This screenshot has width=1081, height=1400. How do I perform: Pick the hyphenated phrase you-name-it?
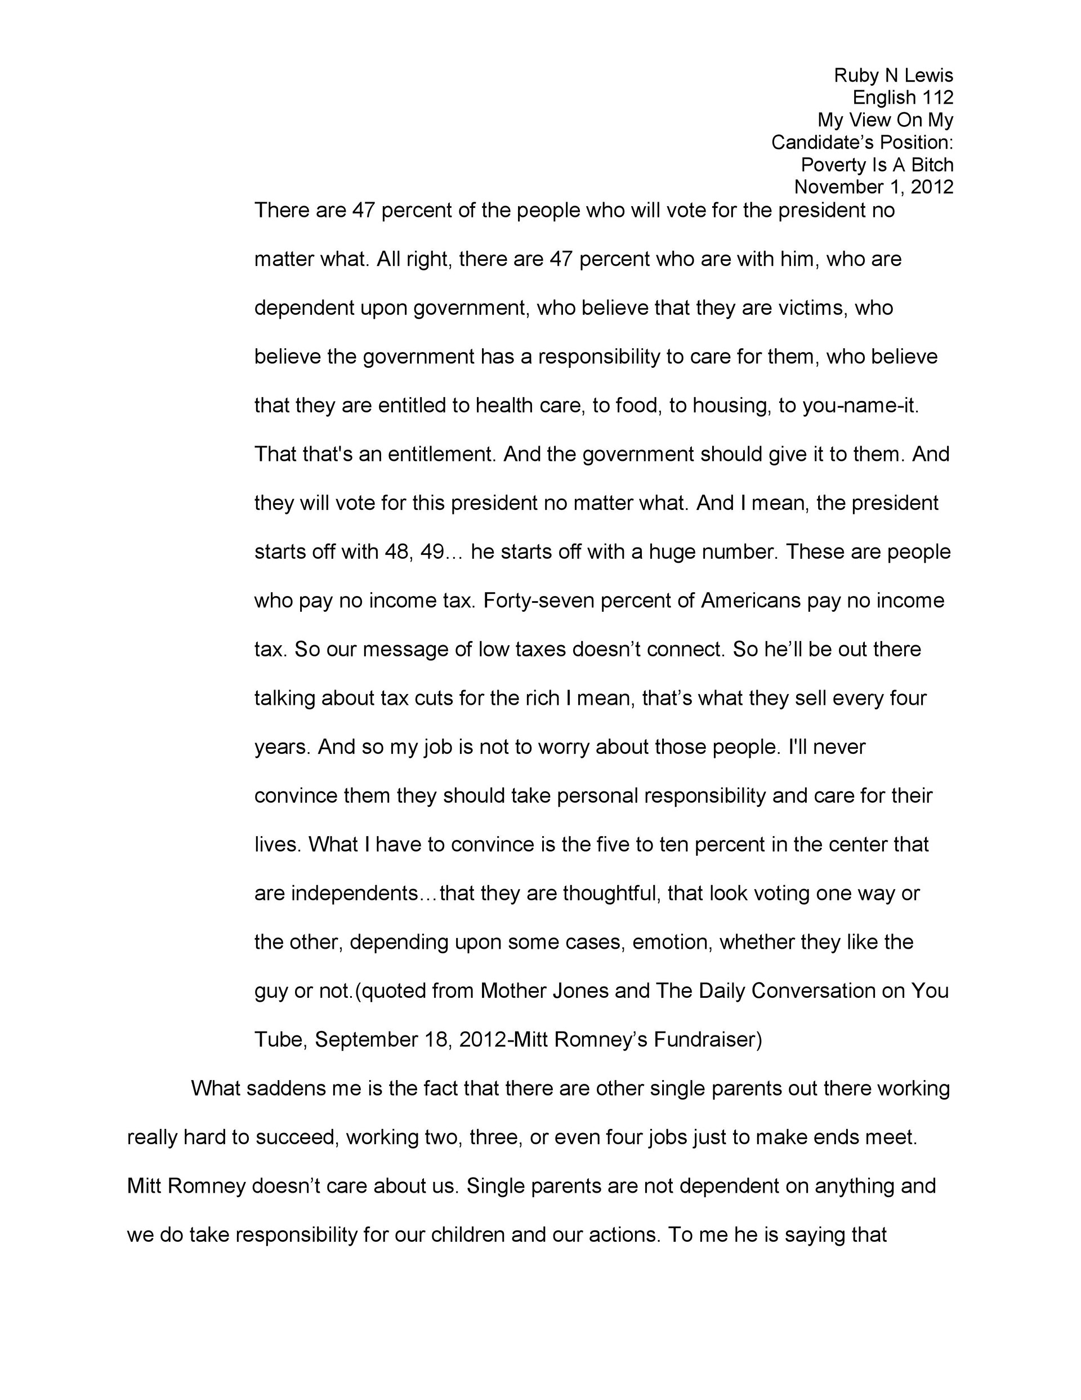(860, 406)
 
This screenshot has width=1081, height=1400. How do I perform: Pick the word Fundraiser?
(707, 1040)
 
